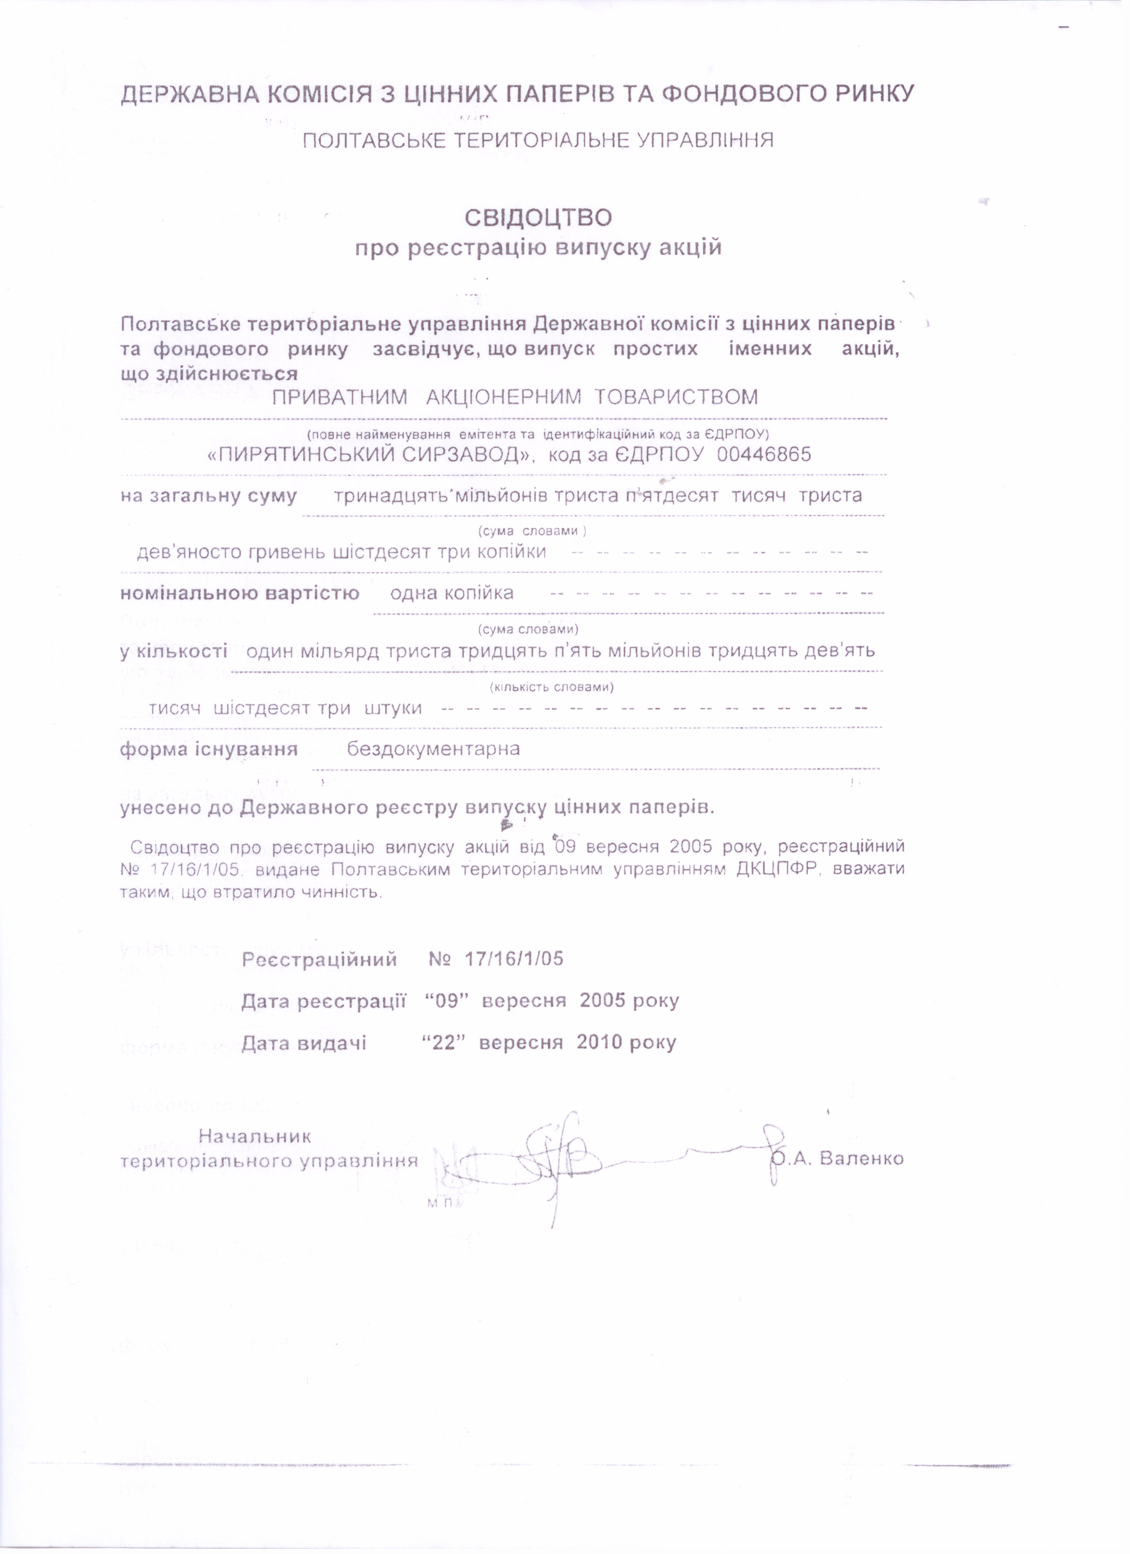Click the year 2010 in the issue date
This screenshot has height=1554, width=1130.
(600, 1042)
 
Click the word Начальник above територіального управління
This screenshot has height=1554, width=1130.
(255, 1136)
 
